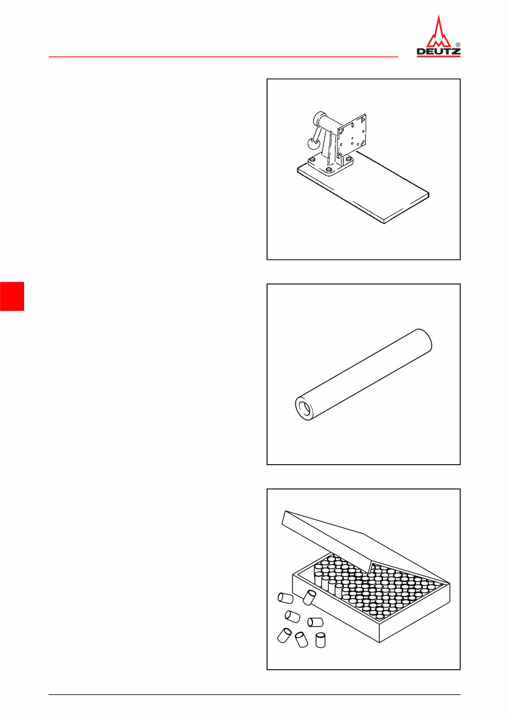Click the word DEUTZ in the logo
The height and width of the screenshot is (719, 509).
tap(438, 53)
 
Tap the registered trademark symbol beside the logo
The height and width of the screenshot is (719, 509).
tap(458, 44)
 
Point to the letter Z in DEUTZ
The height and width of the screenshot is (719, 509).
tap(456, 53)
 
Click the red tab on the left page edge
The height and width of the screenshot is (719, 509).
tap(12, 296)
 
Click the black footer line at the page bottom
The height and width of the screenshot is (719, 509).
tap(254, 695)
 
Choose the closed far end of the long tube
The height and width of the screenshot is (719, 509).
tap(423, 339)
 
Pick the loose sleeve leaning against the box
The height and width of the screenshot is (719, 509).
tap(309, 597)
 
